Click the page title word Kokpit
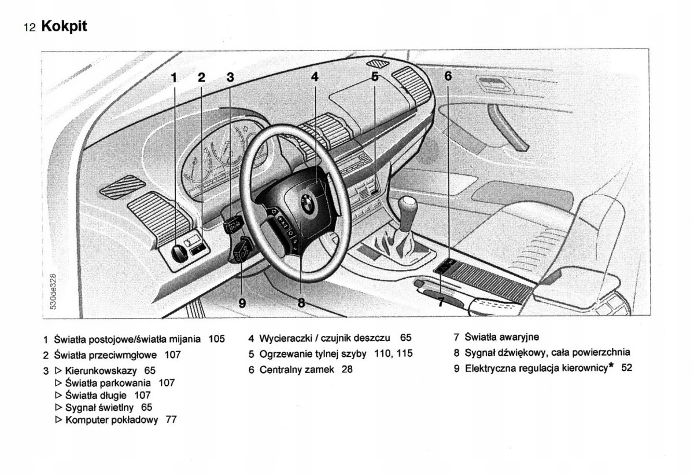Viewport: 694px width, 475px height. [x=64, y=27]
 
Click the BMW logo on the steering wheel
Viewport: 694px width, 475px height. [x=307, y=203]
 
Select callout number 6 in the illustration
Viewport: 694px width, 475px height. [x=448, y=76]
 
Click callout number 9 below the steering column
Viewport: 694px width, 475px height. [x=242, y=302]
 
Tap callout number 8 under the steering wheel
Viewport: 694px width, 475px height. [x=301, y=302]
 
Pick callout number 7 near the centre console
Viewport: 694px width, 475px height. [x=441, y=301]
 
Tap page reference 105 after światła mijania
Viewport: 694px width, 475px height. [x=216, y=338]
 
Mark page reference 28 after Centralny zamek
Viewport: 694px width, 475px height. [x=347, y=369]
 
